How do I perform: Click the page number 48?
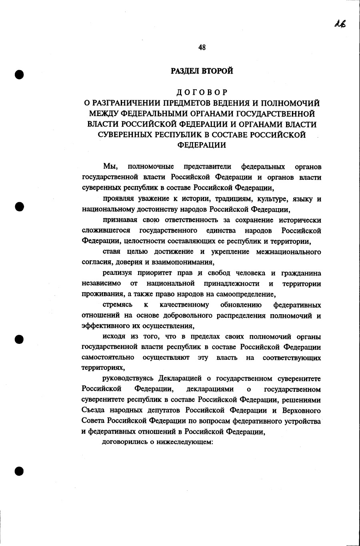[202, 48]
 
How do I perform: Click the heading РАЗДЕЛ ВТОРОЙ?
[202, 71]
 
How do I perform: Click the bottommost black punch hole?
[19, 471]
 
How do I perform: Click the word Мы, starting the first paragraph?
[110, 167]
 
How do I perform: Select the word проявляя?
[118, 199]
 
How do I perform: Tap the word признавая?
[120, 220]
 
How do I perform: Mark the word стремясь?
[118, 305]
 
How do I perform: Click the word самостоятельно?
[108, 357]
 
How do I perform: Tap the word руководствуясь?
[129, 379]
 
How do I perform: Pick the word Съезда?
[92, 410]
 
